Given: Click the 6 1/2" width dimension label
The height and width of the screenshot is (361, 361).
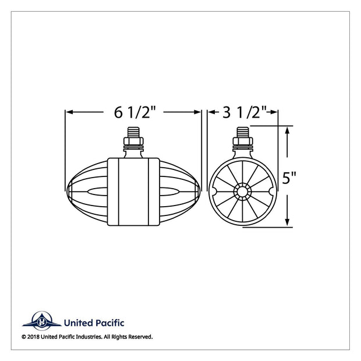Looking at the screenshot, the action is point(135,112).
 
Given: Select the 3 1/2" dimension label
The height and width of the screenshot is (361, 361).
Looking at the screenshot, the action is point(245,112).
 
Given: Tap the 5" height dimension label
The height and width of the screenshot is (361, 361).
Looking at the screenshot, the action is point(289,178).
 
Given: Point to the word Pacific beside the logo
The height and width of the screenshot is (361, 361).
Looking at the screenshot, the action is point(109,323).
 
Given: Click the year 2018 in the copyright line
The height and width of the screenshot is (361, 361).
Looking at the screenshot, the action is point(33,337).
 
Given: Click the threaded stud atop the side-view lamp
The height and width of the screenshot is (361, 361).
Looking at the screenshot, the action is point(133,132).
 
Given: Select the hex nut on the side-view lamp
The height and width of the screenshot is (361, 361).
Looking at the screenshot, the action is point(133,141).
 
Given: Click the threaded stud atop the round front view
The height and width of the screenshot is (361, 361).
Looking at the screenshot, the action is point(243,132).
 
